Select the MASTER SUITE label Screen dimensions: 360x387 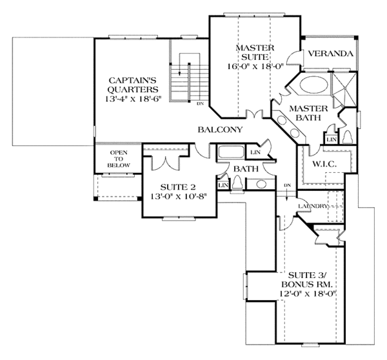click(255, 54)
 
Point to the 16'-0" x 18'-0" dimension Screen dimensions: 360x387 click(255, 66)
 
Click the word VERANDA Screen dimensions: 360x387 click(329, 54)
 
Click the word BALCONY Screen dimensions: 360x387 click(220, 130)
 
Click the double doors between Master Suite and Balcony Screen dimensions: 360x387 click(258, 116)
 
